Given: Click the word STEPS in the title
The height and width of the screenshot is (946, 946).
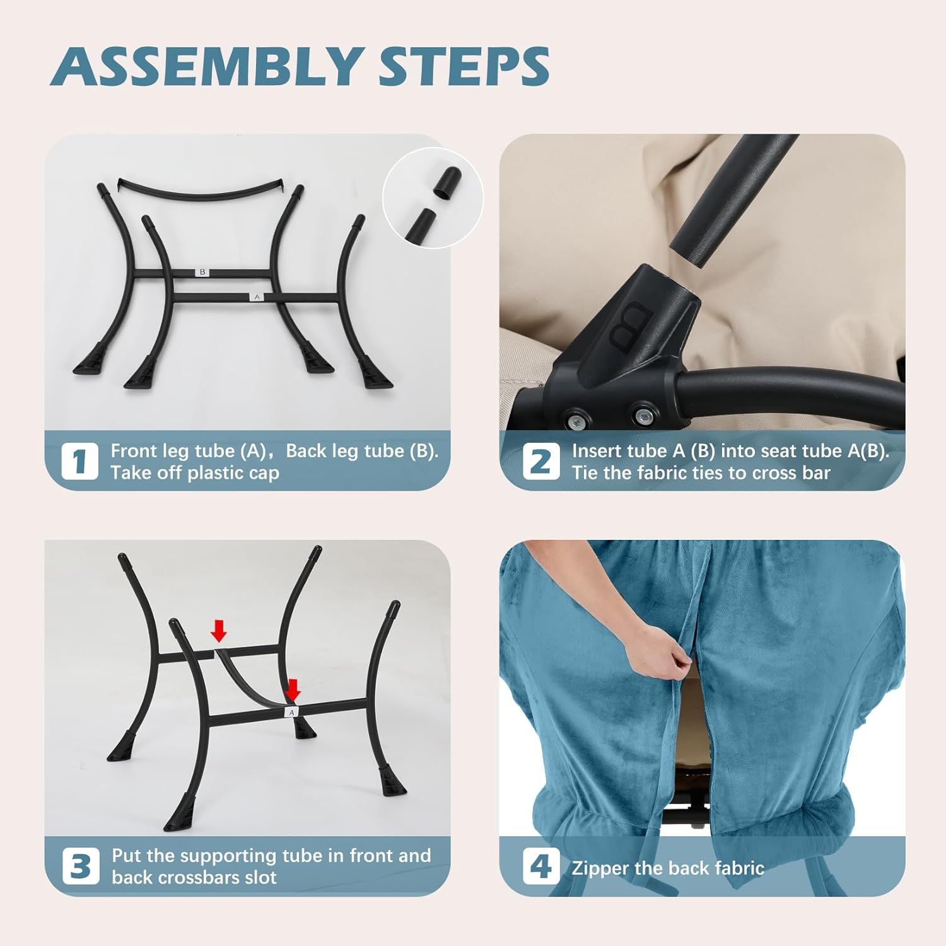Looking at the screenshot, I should [464, 67].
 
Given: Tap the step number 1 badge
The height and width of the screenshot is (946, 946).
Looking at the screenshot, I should [79, 461].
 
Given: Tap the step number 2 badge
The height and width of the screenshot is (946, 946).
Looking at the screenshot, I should [540, 461].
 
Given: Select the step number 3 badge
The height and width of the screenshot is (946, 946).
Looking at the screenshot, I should [81, 866].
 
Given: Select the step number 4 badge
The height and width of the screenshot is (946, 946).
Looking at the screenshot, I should [540, 866].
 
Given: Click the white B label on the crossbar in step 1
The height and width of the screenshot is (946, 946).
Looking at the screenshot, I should [202, 272].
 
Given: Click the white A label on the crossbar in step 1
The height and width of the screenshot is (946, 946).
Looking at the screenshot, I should [257, 296].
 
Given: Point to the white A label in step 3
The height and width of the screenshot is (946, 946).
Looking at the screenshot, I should [291, 712].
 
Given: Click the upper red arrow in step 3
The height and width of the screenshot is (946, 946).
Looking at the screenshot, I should [218, 630].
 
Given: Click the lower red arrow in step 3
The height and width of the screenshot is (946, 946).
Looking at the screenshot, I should [293, 689].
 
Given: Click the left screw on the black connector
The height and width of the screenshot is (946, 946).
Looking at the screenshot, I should [576, 419].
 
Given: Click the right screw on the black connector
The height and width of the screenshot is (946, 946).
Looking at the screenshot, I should [643, 415].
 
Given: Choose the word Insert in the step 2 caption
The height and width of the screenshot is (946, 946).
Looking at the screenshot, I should [594, 451].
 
